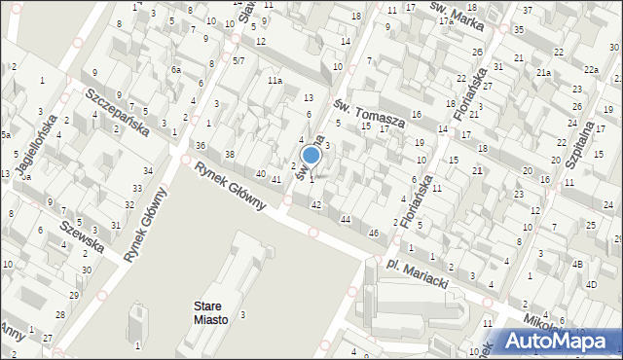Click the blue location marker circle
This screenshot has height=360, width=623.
pyautogui.click(x=311, y=155)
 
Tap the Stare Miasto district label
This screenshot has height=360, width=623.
pyautogui.click(x=205, y=313)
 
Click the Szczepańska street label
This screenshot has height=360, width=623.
pyautogui.click(x=116, y=111)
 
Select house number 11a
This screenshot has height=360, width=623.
pyautogui.click(x=276, y=81)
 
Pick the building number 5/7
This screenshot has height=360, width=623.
pyautogui.click(x=238, y=60)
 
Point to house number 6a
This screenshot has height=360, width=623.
pyautogui.click(x=176, y=70)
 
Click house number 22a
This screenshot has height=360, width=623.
pyautogui.click(x=591, y=69)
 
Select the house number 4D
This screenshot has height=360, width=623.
pyautogui.click(x=591, y=284)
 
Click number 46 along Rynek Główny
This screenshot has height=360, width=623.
pyautogui.click(x=373, y=233)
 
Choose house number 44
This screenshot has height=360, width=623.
pyautogui.click(x=345, y=220)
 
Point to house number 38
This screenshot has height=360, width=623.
pyautogui.click(x=230, y=155)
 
